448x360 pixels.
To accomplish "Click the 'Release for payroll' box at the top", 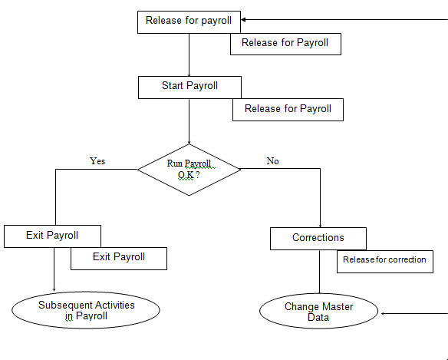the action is click(x=189, y=22).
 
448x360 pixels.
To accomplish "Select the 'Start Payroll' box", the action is click(x=189, y=88).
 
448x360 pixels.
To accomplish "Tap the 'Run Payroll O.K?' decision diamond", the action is click(x=189, y=170).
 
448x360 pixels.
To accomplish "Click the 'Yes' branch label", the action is click(x=97, y=161).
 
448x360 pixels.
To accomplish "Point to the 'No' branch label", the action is click(x=272, y=161).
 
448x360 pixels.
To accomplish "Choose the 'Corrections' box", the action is click(x=318, y=239).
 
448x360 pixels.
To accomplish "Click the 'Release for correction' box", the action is click(x=385, y=262).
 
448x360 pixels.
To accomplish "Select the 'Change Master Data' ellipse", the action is click(x=318, y=311).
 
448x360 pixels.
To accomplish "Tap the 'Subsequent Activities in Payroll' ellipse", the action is click(x=86, y=310).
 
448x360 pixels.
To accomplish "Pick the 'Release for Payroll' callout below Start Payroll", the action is click(x=288, y=110).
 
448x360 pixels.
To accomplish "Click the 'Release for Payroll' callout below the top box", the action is click(x=285, y=44).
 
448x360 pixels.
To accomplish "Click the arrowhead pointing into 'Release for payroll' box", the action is click(x=243, y=20).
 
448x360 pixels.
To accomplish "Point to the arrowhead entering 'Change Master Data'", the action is click(x=384, y=314).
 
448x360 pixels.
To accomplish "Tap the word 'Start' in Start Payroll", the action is click(x=173, y=85).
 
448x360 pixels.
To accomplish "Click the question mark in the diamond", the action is click(x=198, y=175).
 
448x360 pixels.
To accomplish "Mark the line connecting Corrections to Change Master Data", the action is click(x=319, y=272).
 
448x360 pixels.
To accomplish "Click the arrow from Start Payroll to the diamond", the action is click(x=189, y=121).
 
